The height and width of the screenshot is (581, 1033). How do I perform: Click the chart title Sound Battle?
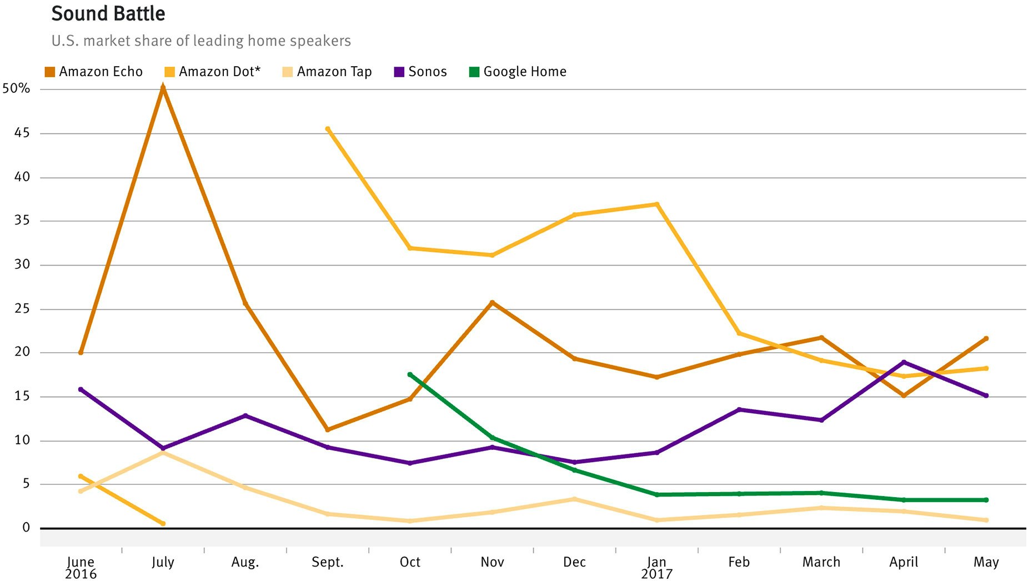pyautogui.click(x=108, y=13)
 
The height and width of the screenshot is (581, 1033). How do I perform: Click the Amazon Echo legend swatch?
pyautogui.click(x=50, y=72)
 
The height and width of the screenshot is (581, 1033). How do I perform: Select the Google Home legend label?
pyautogui.click(x=525, y=72)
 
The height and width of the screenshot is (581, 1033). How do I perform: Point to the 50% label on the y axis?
pyautogui.click(x=16, y=88)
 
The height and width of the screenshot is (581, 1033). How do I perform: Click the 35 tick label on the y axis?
pyautogui.click(x=22, y=221)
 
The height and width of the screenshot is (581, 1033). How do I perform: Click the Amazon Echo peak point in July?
pyautogui.click(x=163, y=87)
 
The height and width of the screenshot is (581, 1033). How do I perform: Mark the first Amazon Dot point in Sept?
pyautogui.click(x=328, y=129)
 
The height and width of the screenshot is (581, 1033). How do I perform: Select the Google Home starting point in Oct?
pyautogui.click(x=410, y=375)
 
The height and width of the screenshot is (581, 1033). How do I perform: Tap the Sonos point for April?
pyautogui.click(x=904, y=362)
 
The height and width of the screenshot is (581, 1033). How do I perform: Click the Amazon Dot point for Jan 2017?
pyautogui.click(x=657, y=204)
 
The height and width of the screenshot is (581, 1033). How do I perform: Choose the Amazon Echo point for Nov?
pyautogui.click(x=492, y=303)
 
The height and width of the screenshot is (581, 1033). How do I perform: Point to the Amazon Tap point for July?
pyautogui.click(x=163, y=453)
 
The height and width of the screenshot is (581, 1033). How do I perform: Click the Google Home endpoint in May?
pyautogui.click(x=986, y=500)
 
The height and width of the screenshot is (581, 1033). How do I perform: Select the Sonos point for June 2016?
pyautogui.click(x=81, y=389)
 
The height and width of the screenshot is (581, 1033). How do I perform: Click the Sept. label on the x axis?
pyautogui.click(x=328, y=562)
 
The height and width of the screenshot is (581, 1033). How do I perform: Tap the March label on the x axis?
pyautogui.click(x=821, y=562)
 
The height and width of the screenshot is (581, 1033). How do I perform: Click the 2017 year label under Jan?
pyautogui.click(x=656, y=574)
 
